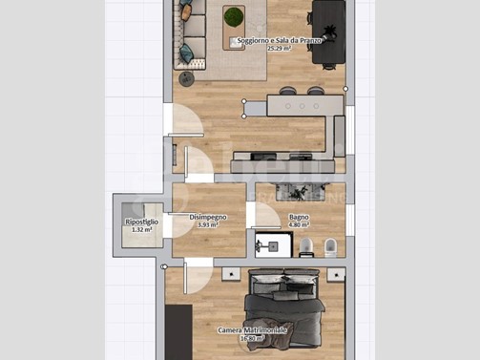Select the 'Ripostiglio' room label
tap(141, 222)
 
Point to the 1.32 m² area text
tap(141, 230)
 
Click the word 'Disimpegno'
tap(207, 218)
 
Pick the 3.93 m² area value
tap(207, 225)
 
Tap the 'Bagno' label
tap(299, 218)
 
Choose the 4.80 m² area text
tap(299, 225)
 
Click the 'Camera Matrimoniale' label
tap(252, 330)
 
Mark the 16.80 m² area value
tap(252, 338)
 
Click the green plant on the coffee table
tap(233, 16)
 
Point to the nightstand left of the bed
tap(230, 274)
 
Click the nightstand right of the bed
tap(335, 274)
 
